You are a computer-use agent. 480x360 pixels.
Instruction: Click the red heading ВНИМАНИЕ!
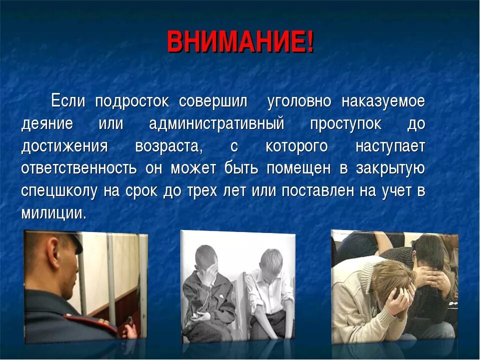[240, 42]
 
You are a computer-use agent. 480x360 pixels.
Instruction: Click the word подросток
[132, 101]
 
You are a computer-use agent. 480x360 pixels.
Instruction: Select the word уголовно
[299, 101]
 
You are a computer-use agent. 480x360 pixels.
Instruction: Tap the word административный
[216, 124]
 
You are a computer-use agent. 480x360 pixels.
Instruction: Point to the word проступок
[346, 124]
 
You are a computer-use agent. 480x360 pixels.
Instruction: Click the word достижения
[64, 146]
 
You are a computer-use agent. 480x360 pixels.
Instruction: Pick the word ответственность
[79, 168]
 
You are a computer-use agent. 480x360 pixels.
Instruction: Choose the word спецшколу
[59, 191]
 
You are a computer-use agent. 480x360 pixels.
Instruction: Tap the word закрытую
[390, 168]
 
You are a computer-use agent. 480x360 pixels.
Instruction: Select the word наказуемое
[383, 101]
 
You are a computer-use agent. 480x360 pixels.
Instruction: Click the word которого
[296, 146]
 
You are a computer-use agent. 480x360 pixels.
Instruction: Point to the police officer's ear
[53, 251]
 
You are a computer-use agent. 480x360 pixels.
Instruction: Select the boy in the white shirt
[268, 293]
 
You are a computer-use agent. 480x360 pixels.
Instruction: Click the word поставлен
[317, 191]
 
